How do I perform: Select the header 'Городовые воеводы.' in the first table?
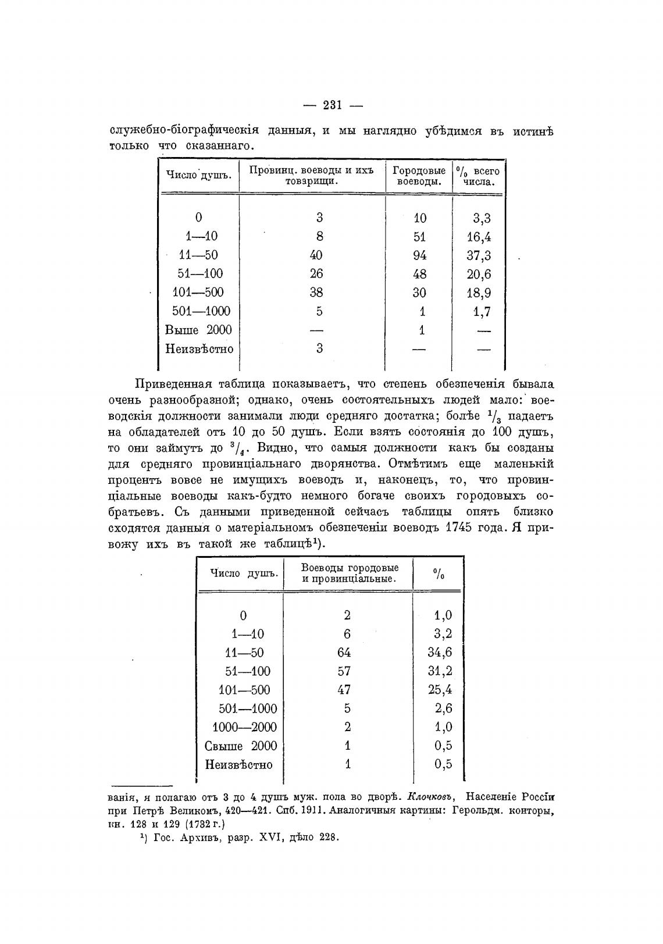pos(419,176)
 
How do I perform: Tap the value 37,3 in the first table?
pos(479,255)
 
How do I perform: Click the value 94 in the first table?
pos(419,255)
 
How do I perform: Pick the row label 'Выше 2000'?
pos(198,330)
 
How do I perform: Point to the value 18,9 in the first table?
pos(479,293)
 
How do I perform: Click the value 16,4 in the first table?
pos(479,237)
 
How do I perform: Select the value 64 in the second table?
pos(344,653)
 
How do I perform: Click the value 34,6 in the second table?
pos(440,653)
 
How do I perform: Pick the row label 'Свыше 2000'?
pos(241,746)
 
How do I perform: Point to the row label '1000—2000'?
pos(244,728)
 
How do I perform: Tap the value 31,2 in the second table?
pos(440,671)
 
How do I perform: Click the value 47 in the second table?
pos(344,690)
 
